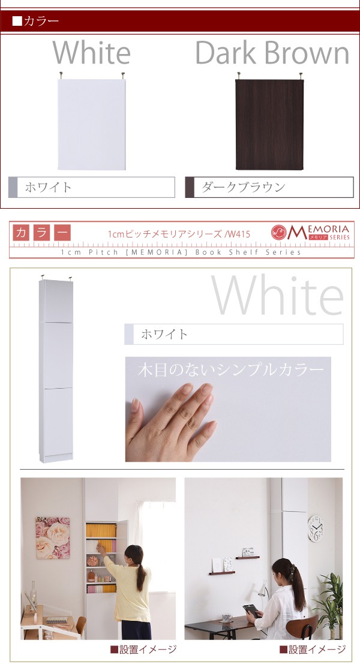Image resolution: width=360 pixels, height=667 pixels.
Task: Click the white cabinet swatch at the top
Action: tap(92, 124)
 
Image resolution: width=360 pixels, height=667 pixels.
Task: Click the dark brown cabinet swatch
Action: tap(269, 124)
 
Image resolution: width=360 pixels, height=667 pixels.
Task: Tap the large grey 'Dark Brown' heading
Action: tap(272, 53)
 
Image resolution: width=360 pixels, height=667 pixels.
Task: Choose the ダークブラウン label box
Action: tap(269, 187)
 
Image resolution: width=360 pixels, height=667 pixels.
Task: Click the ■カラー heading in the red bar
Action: tap(36, 21)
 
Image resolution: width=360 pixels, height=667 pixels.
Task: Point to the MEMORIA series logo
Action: tap(310, 232)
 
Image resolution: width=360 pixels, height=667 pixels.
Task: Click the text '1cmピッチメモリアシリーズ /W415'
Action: tap(179, 233)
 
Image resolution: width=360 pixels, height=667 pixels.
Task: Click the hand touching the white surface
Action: tap(170, 421)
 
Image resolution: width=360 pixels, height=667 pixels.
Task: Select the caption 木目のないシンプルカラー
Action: tap(230, 369)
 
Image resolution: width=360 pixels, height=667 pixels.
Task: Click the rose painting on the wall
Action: tap(53, 537)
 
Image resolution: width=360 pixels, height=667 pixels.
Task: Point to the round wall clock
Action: tap(316, 528)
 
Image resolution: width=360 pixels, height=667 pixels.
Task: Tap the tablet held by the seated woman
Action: tap(252, 611)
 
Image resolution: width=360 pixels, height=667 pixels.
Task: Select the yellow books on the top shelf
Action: tap(101, 530)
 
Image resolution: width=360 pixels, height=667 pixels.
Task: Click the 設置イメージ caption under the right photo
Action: tap(313, 650)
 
